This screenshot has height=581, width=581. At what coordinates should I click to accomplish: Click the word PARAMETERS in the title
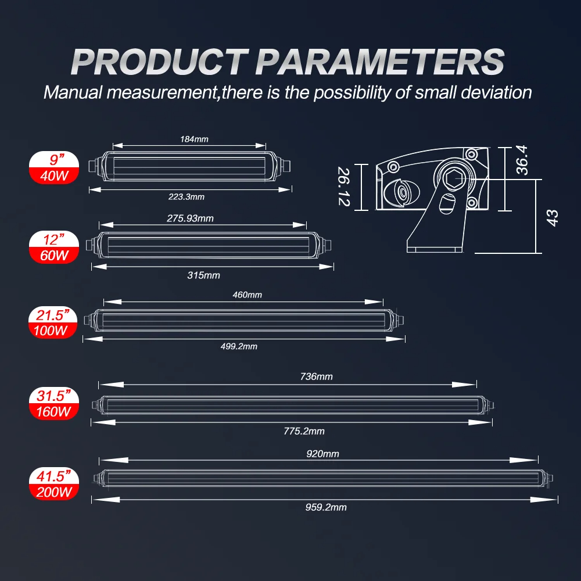click(x=380, y=62)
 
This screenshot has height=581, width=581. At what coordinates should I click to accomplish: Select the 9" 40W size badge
click(x=54, y=168)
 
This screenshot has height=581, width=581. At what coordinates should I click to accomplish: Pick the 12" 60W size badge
click(x=54, y=248)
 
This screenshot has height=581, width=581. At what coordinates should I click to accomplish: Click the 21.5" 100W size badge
click(x=53, y=322)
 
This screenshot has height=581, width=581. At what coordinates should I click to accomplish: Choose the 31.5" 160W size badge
click(x=54, y=404)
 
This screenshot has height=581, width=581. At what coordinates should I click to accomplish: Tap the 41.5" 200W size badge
click(x=54, y=484)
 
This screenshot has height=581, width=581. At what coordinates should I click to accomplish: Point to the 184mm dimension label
click(x=194, y=139)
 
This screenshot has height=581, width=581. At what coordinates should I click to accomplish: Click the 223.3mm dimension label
click(x=187, y=197)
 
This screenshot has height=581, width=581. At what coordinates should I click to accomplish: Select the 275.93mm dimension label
click(x=190, y=218)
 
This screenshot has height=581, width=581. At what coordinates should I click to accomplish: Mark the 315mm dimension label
click(x=203, y=275)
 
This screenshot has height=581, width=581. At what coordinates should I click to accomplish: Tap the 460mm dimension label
click(x=247, y=295)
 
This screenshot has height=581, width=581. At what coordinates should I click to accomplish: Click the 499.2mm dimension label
click(x=239, y=346)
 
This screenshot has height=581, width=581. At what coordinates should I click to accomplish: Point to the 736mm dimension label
click(x=317, y=377)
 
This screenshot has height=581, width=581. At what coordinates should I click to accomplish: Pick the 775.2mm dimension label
click(x=304, y=431)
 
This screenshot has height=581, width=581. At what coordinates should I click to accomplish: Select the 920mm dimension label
click(x=322, y=454)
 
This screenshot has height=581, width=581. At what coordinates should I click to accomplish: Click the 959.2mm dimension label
click(x=326, y=507)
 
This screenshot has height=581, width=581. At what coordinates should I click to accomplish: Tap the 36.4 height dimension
click(x=522, y=160)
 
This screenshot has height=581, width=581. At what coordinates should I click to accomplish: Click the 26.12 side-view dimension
click(x=344, y=187)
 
